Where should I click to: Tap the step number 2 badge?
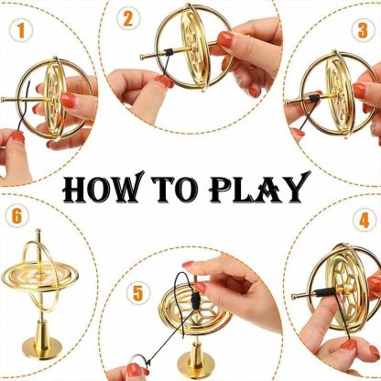click(x=127, y=17)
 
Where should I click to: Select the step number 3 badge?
click(x=362, y=30)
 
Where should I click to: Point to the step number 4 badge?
click(x=364, y=221)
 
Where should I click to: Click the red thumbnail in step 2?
click(x=225, y=38)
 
